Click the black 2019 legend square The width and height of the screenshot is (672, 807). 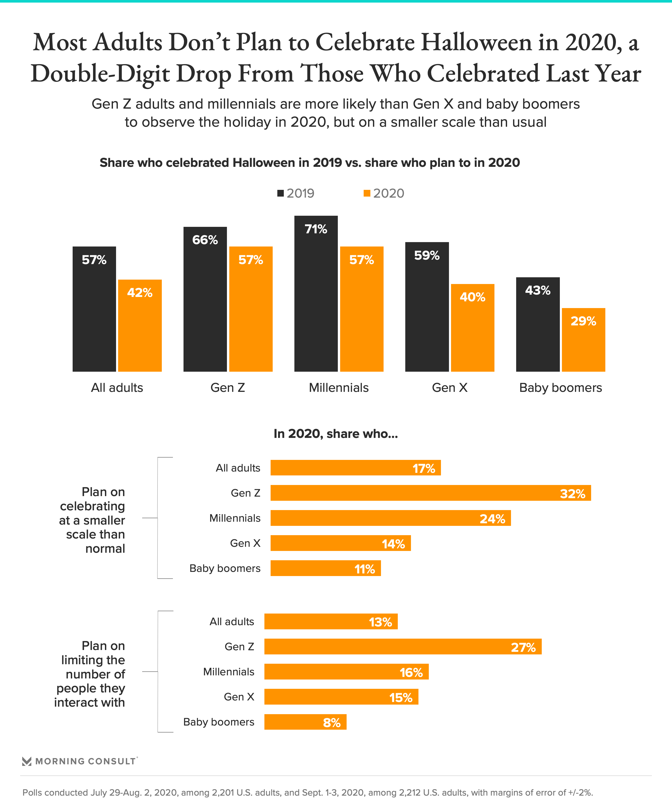coord(280,193)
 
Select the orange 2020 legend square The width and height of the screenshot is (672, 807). coord(367,193)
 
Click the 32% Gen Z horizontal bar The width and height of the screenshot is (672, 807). coord(430,493)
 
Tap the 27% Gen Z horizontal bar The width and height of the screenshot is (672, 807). coord(403,646)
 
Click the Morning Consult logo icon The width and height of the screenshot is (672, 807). coord(27,761)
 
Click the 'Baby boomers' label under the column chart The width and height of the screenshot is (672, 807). coord(560,387)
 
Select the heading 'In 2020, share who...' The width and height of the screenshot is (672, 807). coord(336,434)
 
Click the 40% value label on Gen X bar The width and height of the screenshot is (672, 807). coord(472,297)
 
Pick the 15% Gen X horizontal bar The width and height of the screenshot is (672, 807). coord(341,697)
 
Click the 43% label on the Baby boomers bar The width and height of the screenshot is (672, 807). coord(538,290)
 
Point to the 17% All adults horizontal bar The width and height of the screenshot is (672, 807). coord(356,468)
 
